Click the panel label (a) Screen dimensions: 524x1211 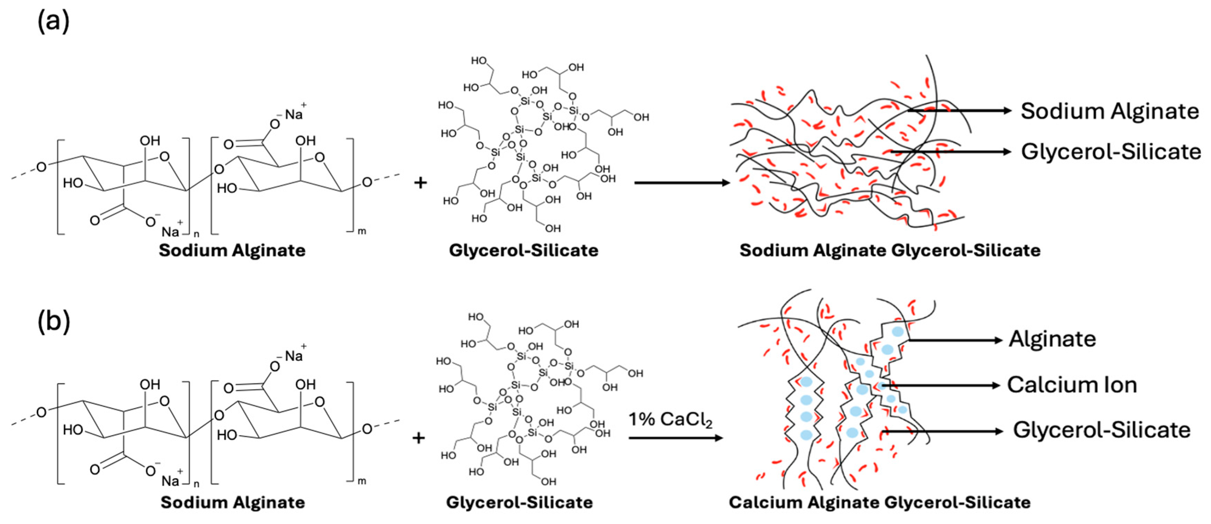pyautogui.click(x=53, y=21)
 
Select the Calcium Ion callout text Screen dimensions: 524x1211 pyautogui.click(x=1072, y=385)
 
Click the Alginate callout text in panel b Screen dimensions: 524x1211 pyautogui.click(x=1052, y=339)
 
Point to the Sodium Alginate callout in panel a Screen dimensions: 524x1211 pyautogui.click(x=1110, y=111)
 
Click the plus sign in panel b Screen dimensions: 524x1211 pyautogui.click(x=418, y=438)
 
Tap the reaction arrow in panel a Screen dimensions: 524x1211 pyautogui.click(x=682, y=182)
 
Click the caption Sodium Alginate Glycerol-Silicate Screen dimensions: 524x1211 pyautogui.click(x=890, y=250)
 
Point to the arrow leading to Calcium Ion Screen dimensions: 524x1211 pyautogui.click(x=940, y=385)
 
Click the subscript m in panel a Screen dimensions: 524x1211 pyautogui.click(x=362, y=231)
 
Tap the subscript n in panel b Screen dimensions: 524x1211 pyautogui.click(x=197, y=484)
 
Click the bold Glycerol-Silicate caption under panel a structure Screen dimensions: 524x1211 pyautogui.click(x=523, y=250)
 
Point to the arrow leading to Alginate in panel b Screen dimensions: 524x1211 pyautogui.click(x=954, y=340)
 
